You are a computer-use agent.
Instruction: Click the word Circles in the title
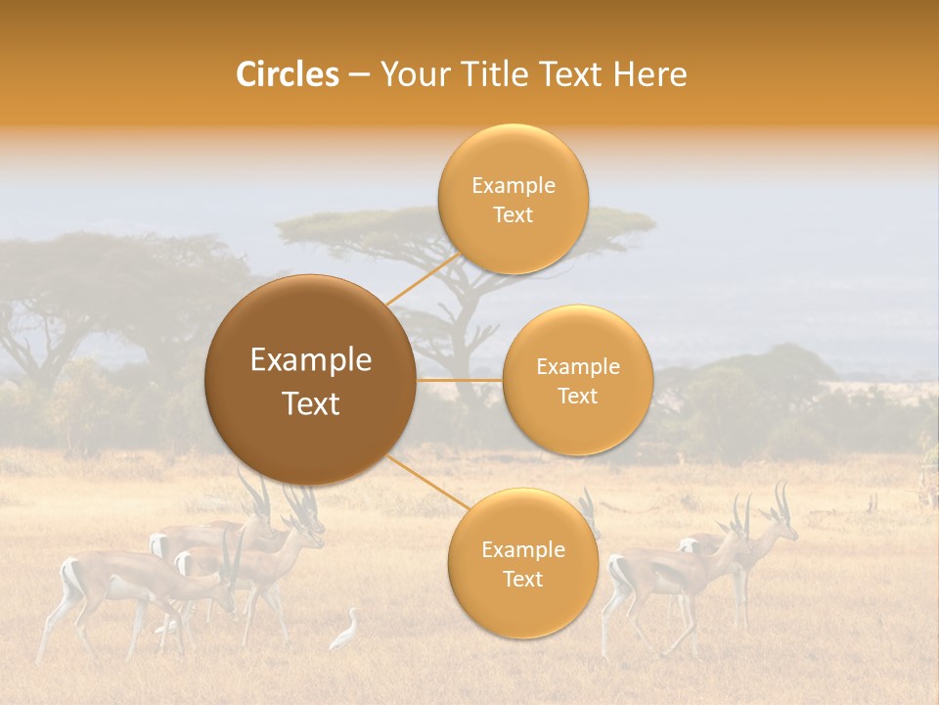[x=287, y=74]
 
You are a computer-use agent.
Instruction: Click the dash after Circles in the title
[x=359, y=75]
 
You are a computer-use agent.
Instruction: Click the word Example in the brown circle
[x=311, y=360]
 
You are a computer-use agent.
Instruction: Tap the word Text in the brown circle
[x=311, y=403]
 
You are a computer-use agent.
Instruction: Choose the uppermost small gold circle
[x=513, y=199]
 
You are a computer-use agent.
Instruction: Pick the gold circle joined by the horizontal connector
[x=577, y=380]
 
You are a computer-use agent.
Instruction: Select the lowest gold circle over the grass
[x=522, y=563]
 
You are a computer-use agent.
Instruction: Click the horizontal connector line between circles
[x=460, y=380]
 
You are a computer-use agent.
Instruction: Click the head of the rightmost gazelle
[x=783, y=529]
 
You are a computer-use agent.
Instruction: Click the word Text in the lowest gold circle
[x=522, y=579]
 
